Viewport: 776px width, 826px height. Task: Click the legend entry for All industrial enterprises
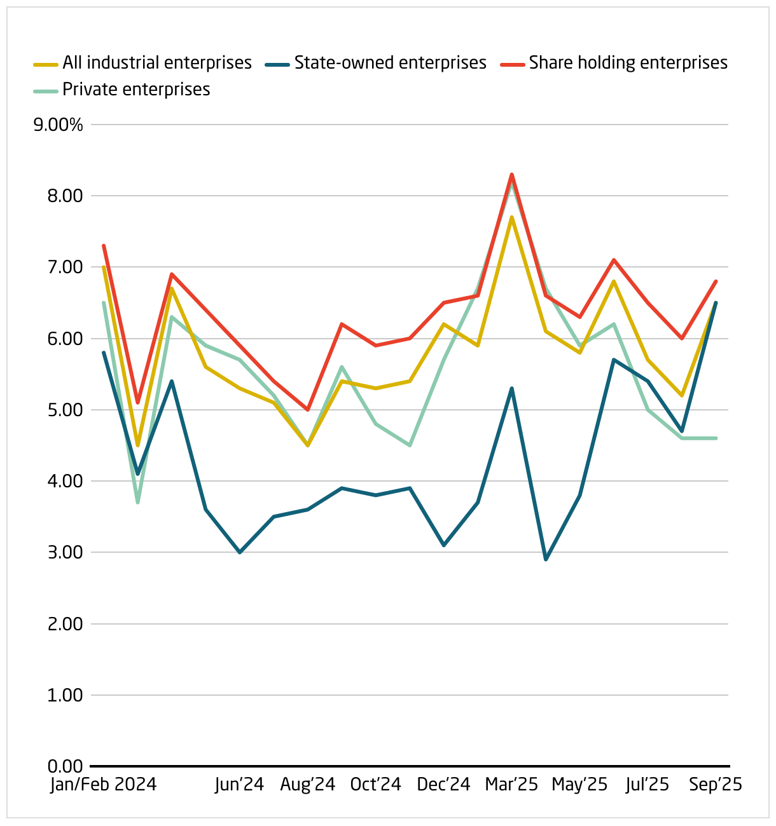click(156, 63)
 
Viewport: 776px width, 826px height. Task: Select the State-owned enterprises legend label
click(390, 63)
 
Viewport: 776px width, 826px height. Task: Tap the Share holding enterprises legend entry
click(628, 63)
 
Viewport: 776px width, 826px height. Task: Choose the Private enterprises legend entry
click(136, 90)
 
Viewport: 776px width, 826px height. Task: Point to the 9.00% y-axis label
click(59, 125)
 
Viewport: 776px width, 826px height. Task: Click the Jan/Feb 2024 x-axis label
click(104, 785)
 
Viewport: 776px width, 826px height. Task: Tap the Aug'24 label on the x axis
click(308, 785)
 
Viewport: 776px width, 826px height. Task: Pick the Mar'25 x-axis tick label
click(511, 785)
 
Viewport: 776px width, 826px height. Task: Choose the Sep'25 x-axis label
click(716, 785)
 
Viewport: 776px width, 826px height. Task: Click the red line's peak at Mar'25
click(511, 174)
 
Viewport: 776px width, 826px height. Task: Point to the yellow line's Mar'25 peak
click(511, 217)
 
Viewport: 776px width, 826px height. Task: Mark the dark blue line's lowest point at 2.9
click(546, 560)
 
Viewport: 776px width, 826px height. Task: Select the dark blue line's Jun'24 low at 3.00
click(240, 552)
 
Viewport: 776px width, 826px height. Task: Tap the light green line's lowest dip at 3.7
click(137, 503)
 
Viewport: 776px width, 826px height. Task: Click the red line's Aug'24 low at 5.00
click(308, 410)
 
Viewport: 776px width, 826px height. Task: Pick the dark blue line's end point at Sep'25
click(716, 302)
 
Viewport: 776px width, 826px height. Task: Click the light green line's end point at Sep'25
click(716, 438)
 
